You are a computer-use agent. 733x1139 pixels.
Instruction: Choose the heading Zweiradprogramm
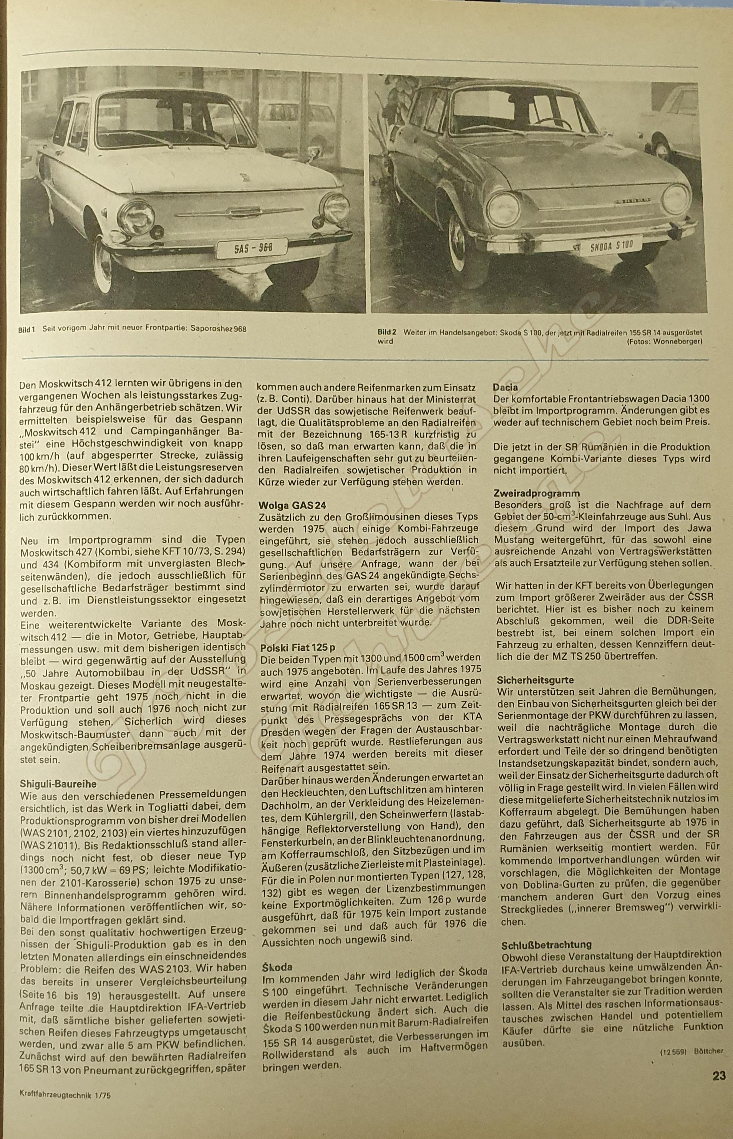pos(530,493)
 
